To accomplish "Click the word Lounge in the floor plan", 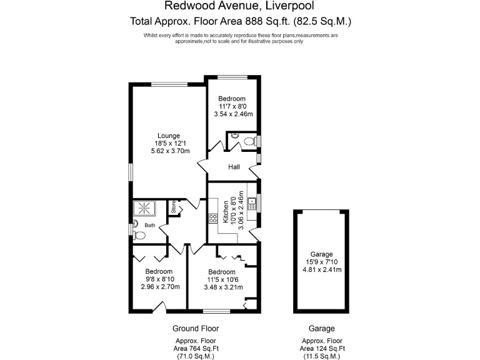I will tap(169, 136).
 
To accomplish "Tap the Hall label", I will tap(234, 167).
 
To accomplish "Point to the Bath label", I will tap(150, 225).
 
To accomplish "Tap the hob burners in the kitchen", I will tap(212, 219).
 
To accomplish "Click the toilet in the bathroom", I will tap(139, 236).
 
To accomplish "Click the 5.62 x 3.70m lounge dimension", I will tap(170, 151).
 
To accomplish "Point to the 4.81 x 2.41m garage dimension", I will tap(319, 270).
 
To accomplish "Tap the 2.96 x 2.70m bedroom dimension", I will tap(161, 287).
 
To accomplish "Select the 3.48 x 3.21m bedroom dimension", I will tap(223, 287).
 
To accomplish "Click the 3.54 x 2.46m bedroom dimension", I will tap(232, 114).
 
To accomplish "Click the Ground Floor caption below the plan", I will tap(196, 328).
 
